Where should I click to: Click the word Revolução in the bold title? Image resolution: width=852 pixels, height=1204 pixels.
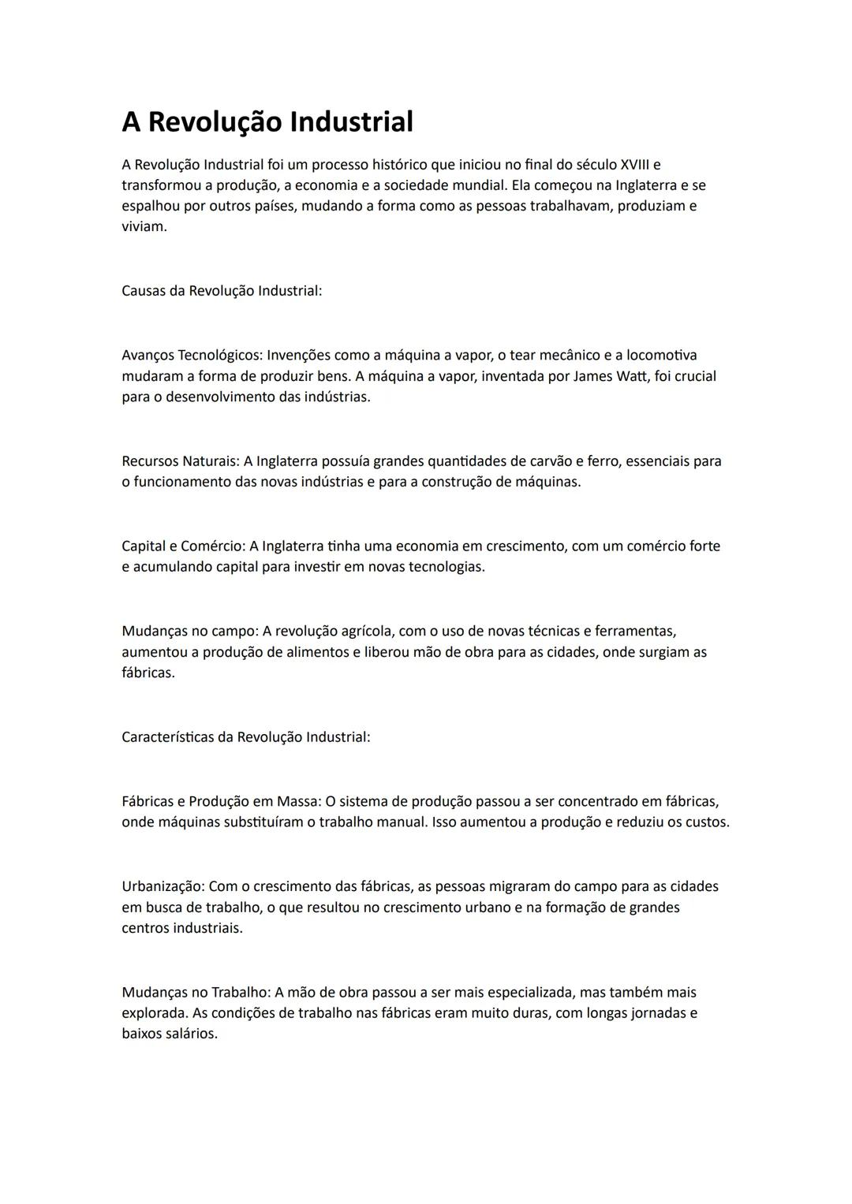[215, 122]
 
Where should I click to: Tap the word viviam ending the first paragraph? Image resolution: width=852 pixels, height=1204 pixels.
[144, 227]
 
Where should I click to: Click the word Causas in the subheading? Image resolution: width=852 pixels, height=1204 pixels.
[144, 291]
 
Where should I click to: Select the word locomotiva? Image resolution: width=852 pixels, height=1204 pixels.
[661, 356]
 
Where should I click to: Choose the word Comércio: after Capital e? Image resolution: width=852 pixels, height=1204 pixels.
[213, 546]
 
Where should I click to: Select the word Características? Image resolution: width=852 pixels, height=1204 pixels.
[167, 737]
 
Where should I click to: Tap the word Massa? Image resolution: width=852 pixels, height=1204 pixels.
[298, 802]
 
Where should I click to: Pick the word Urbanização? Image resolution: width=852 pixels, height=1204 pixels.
[163, 887]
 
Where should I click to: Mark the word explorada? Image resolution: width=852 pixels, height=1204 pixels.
[155, 1013]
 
